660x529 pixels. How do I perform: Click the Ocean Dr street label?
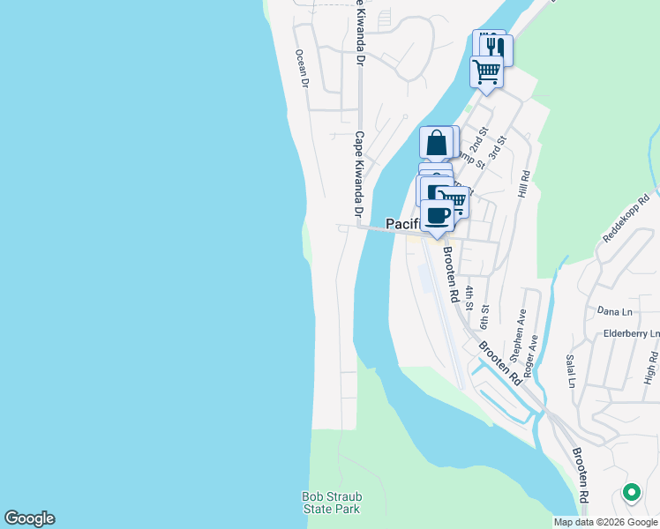tap(303, 68)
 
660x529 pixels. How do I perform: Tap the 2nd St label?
tap(478, 141)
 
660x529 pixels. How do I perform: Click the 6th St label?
tap(484, 316)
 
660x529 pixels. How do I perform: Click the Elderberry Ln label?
tap(630, 334)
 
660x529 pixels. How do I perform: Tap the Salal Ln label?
tap(570, 370)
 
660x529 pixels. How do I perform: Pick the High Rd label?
tap(651, 369)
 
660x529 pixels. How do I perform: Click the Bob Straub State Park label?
tap(332, 503)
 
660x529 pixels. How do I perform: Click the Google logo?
tap(29, 518)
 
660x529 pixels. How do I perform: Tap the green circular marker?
tap(631, 493)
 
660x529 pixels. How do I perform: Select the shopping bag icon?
tap(436, 142)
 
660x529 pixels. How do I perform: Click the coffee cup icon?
tap(437, 214)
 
